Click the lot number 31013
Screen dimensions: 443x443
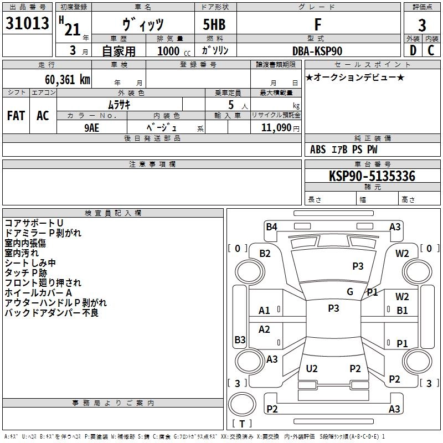pos(27,24)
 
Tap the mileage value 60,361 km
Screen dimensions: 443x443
pos(61,80)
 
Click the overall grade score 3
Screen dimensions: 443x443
pos(422,25)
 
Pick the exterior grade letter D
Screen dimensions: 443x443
pos(413,50)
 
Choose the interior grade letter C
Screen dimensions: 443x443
pos(431,50)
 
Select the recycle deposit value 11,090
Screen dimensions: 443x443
pos(275,127)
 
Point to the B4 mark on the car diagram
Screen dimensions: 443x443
pos(271,226)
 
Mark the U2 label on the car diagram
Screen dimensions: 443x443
pos(312,368)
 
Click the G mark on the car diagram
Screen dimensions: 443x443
pos(350,291)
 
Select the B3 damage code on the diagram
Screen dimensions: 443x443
pos(240,339)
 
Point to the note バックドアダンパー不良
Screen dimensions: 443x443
pos(51,313)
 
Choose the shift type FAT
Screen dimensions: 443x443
pos(16,116)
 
